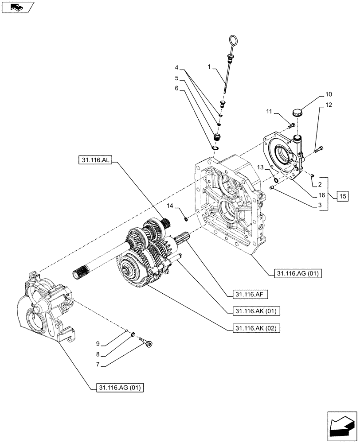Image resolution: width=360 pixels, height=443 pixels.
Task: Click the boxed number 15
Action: (343, 196)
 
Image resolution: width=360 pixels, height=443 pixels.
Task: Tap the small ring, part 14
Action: (186, 217)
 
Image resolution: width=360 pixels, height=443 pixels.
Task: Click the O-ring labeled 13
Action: (276, 181)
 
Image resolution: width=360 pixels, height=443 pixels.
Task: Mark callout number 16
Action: (320, 195)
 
